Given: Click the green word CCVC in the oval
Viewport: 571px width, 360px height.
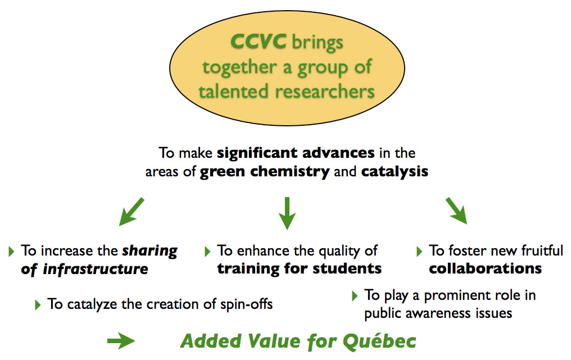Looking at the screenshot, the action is click(258, 41).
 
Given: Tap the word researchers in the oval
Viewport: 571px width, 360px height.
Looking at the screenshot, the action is click(325, 91).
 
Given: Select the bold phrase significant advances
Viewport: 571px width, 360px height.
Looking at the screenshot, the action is click(296, 153).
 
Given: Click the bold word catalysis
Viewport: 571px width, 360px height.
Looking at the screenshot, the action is click(395, 171).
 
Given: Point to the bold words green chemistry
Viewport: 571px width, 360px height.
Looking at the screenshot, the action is click(265, 171).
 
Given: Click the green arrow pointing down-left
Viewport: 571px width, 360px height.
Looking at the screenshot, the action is click(132, 212).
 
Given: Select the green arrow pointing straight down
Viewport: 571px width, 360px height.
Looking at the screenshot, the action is click(287, 213).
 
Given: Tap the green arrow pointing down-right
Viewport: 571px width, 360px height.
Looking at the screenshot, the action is click(456, 211).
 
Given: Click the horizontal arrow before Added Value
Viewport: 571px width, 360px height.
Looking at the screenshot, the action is click(121, 341).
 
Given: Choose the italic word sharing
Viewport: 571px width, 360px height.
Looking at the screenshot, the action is click(149, 251).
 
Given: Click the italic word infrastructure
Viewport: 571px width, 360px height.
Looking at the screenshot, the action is click(96, 269).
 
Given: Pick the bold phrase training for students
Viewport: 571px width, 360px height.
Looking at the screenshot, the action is click(300, 268).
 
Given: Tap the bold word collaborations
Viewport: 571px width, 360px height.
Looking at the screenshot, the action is click(486, 268).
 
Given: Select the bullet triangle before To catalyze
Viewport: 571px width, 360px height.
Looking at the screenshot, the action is click(38, 304).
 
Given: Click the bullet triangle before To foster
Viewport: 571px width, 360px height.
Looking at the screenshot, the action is click(419, 251).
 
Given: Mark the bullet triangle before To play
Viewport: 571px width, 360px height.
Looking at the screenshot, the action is click(355, 295).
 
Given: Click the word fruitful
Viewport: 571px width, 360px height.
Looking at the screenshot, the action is click(542, 251).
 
